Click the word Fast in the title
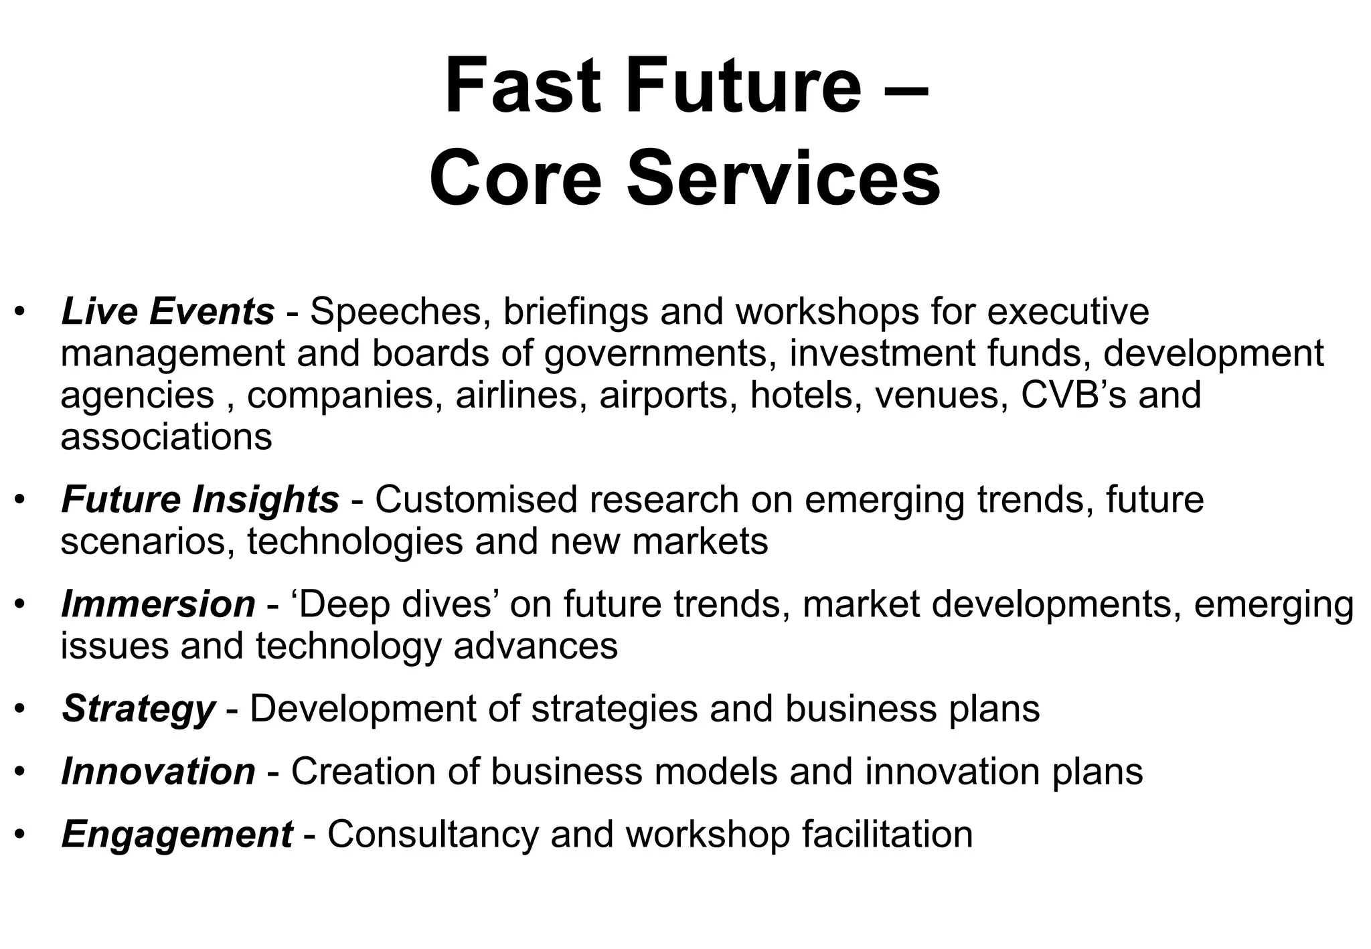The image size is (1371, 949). [x=523, y=87]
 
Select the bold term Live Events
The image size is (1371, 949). [x=167, y=312]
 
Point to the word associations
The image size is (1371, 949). [x=166, y=436]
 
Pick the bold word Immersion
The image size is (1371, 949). [x=158, y=604]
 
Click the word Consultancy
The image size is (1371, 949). [x=432, y=835]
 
